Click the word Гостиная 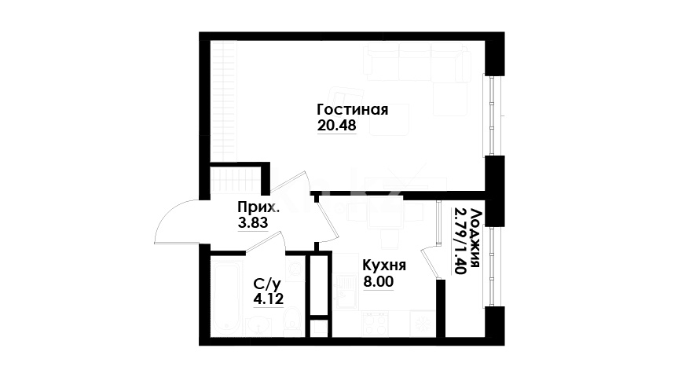pyautogui.click(x=353, y=110)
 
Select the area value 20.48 pyautogui.click(x=336, y=126)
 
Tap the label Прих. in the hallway pyautogui.click(x=258, y=207)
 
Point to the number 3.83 pyautogui.click(x=253, y=223)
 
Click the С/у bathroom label pyautogui.click(x=267, y=284)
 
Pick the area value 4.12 pyautogui.click(x=268, y=299)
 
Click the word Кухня pyautogui.click(x=384, y=265)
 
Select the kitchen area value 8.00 pyautogui.click(x=379, y=282)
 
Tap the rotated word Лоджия pyautogui.click(x=475, y=238)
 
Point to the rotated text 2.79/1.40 pyautogui.click(x=459, y=241)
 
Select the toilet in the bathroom pyautogui.click(x=293, y=321)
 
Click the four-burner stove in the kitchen pyautogui.click(x=376, y=323)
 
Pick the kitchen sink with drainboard pyautogui.click(x=346, y=291)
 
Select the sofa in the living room pyautogui.click(x=417, y=62)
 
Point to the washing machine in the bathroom pyautogui.click(x=295, y=269)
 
